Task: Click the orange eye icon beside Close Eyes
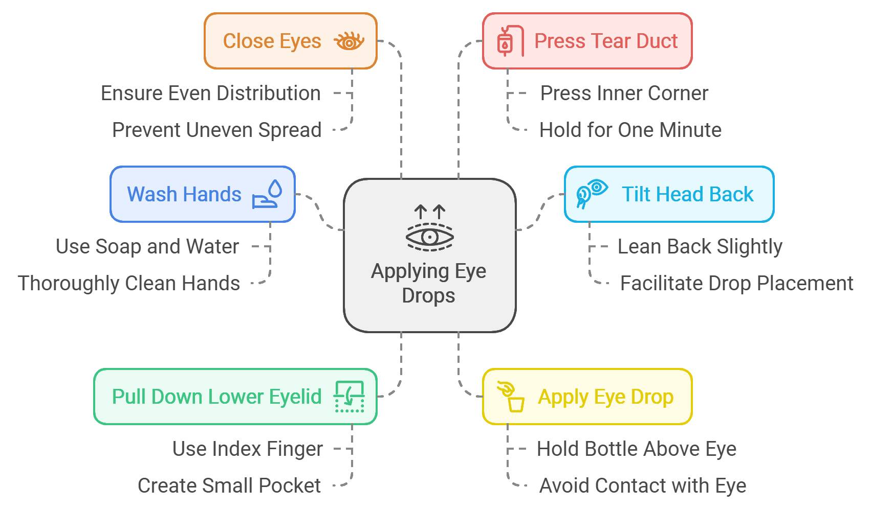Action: (x=348, y=41)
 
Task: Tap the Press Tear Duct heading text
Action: (x=605, y=41)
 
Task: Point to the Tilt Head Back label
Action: (x=687, y=194)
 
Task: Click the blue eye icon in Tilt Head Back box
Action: (x=591, y=194)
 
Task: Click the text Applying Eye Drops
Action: (x=428, y=283)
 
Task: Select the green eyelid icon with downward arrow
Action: (x=349, y=397)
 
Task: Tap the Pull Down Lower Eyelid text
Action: (x=216, y=397)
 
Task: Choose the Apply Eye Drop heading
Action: (x=605, y=397)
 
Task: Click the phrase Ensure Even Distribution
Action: (x=210, y=94)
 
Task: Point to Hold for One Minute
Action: (x=630, y=130)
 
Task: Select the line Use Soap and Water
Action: (x=147, y=246)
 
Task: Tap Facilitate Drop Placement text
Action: (x=736, y=283)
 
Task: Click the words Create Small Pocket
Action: (x=229, y=485)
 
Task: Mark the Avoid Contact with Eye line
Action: (x=642, y=485)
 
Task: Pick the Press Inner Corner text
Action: (x=624, y=94)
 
